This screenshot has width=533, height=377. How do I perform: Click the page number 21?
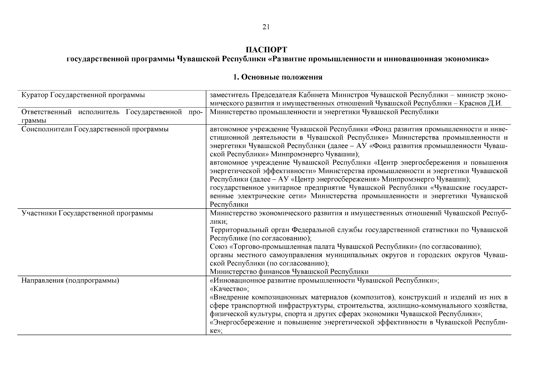coord(266,27)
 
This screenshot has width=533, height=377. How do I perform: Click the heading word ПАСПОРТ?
coord(266,50)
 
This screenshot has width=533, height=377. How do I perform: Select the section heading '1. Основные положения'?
coord(278,77)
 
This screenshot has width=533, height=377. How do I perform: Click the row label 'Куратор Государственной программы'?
coord(83,95)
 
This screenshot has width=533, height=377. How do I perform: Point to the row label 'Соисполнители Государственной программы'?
coord(95,129)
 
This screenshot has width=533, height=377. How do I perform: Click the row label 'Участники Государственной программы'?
coord(87,213)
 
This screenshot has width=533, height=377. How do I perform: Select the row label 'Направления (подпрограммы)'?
coord(70,281)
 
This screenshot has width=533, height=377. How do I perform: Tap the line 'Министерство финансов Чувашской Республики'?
coord(289,272)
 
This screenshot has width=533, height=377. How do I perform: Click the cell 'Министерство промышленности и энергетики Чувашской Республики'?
coord(324,112)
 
